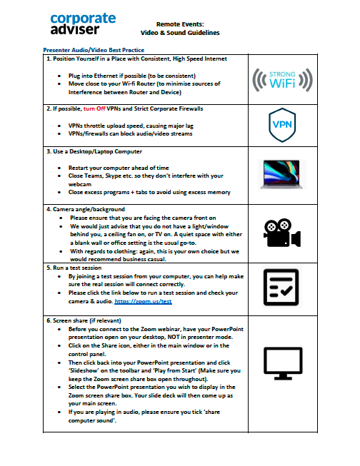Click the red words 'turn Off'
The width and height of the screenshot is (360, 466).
[96, 108]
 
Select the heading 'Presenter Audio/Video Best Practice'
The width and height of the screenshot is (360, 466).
[94, 50]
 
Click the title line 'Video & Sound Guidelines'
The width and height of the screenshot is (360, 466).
[180, 33]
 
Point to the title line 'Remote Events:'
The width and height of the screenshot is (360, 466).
[180, 24]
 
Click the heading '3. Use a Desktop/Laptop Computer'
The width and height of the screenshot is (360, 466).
[93, 152]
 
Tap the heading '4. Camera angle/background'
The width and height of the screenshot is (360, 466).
[84, 209]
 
